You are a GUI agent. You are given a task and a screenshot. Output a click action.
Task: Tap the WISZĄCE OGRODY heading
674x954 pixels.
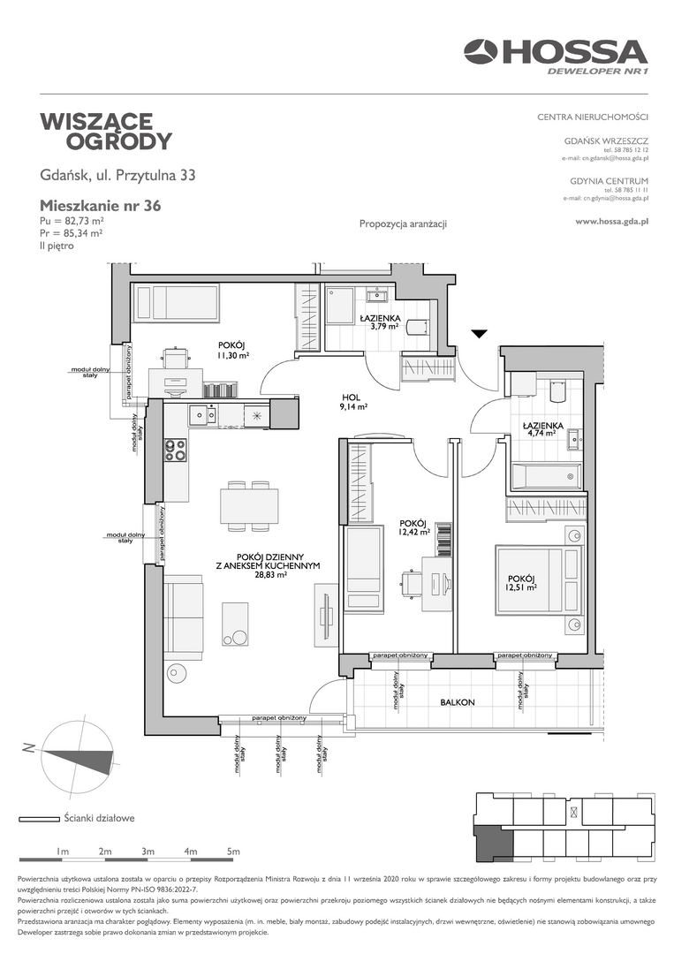tap(106, 131)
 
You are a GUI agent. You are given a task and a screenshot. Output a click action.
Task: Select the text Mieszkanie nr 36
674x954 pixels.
tap(101, 206)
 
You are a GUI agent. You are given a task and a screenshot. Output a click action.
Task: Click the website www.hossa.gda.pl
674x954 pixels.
tap(611, 222)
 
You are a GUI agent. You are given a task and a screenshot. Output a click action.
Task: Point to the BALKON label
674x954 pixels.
tap(457, 702)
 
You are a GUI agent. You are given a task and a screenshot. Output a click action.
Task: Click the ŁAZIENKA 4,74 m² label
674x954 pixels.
tap(542, 429)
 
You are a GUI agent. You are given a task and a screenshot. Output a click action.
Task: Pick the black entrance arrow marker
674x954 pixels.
tap(480, 333)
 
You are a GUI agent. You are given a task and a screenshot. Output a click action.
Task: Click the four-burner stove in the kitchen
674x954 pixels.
tap(176, 450)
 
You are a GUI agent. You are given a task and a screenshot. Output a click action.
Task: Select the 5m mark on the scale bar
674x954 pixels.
tap(233, 852)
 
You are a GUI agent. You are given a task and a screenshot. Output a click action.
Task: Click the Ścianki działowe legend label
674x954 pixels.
tap(99, 818)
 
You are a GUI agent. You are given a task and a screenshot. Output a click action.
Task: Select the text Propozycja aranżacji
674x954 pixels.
tap(404, 223)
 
